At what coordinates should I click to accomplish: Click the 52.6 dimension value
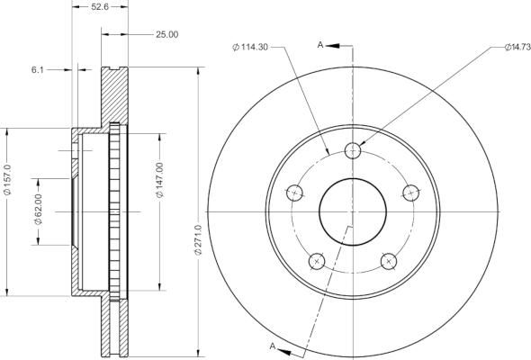(x=100, y=7)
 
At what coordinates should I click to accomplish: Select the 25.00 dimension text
(x=167, y=34)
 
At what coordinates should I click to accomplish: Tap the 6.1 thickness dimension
(x=38, y=70)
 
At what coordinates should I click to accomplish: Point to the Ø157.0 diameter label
(x=7, y=180)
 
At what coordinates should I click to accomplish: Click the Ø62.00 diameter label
(x=38, y=209)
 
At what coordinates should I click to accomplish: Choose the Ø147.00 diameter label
(x=159, y=180)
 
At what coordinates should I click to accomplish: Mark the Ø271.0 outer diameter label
(x=198, y=239)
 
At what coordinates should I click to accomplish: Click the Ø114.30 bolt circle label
(x=250, y=47)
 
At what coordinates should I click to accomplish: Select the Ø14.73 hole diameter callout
(x=517, y=48)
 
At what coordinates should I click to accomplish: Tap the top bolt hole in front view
(x=353, y=150)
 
